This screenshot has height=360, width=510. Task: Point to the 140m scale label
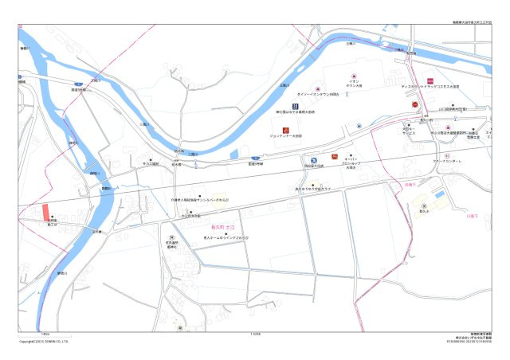tap(45, 334)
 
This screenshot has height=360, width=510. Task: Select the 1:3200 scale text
tap(255, 334)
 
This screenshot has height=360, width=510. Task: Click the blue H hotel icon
tap(294, 106)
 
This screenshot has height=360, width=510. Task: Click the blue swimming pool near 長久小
tap(439, 195)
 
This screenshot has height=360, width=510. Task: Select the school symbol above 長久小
tap(423, 205)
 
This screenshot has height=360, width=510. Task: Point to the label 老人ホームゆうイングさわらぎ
tap(226, 237)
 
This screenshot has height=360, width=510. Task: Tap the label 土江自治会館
tap(190, 216)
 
